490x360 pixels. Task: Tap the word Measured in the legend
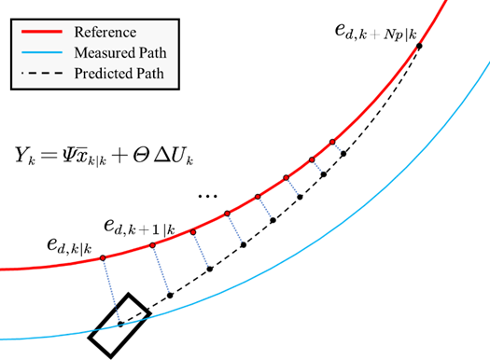coord(105,53)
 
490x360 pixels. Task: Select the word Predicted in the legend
coord(106,74)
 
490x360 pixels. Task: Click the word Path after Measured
coord(159,53)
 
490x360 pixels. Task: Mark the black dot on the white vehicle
coord(121,325)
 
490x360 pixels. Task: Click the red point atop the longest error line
coord(101,257)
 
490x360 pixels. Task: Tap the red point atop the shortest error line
coord(332,140)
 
